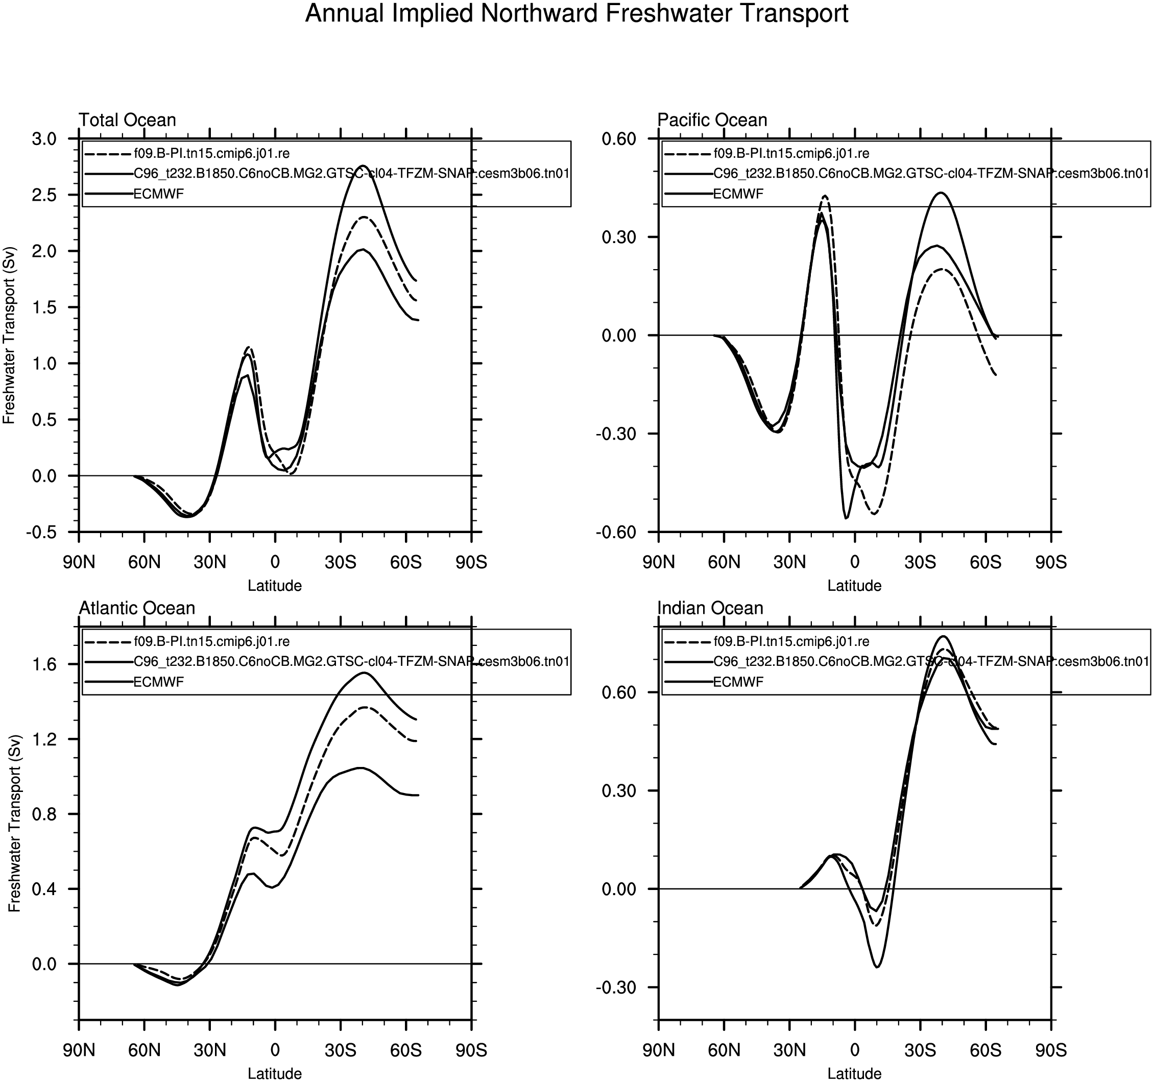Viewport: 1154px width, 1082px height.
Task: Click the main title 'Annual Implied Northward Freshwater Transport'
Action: (576, 14)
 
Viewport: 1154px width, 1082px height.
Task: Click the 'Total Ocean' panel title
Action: (127, 120)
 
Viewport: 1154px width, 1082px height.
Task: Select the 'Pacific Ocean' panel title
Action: (712, 120)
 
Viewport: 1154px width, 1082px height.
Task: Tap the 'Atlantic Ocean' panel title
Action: (136, 608)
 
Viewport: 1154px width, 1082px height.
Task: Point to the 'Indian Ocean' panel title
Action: (710, 608)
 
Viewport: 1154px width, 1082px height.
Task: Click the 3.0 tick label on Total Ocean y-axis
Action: (45, 139)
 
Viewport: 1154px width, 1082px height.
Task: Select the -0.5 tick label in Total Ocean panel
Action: (41, 532)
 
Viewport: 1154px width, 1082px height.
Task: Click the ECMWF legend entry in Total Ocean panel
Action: (158, 194)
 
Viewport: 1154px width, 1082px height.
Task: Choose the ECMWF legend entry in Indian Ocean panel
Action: (738, 682)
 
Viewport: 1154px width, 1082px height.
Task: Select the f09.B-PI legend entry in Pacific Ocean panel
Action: (790, 154)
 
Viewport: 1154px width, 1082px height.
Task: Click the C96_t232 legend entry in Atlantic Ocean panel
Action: (351, 661)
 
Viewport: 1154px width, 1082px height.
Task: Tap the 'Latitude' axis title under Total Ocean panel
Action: (275, 586)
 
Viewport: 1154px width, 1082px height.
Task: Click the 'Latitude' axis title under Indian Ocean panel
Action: (854, 1074)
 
